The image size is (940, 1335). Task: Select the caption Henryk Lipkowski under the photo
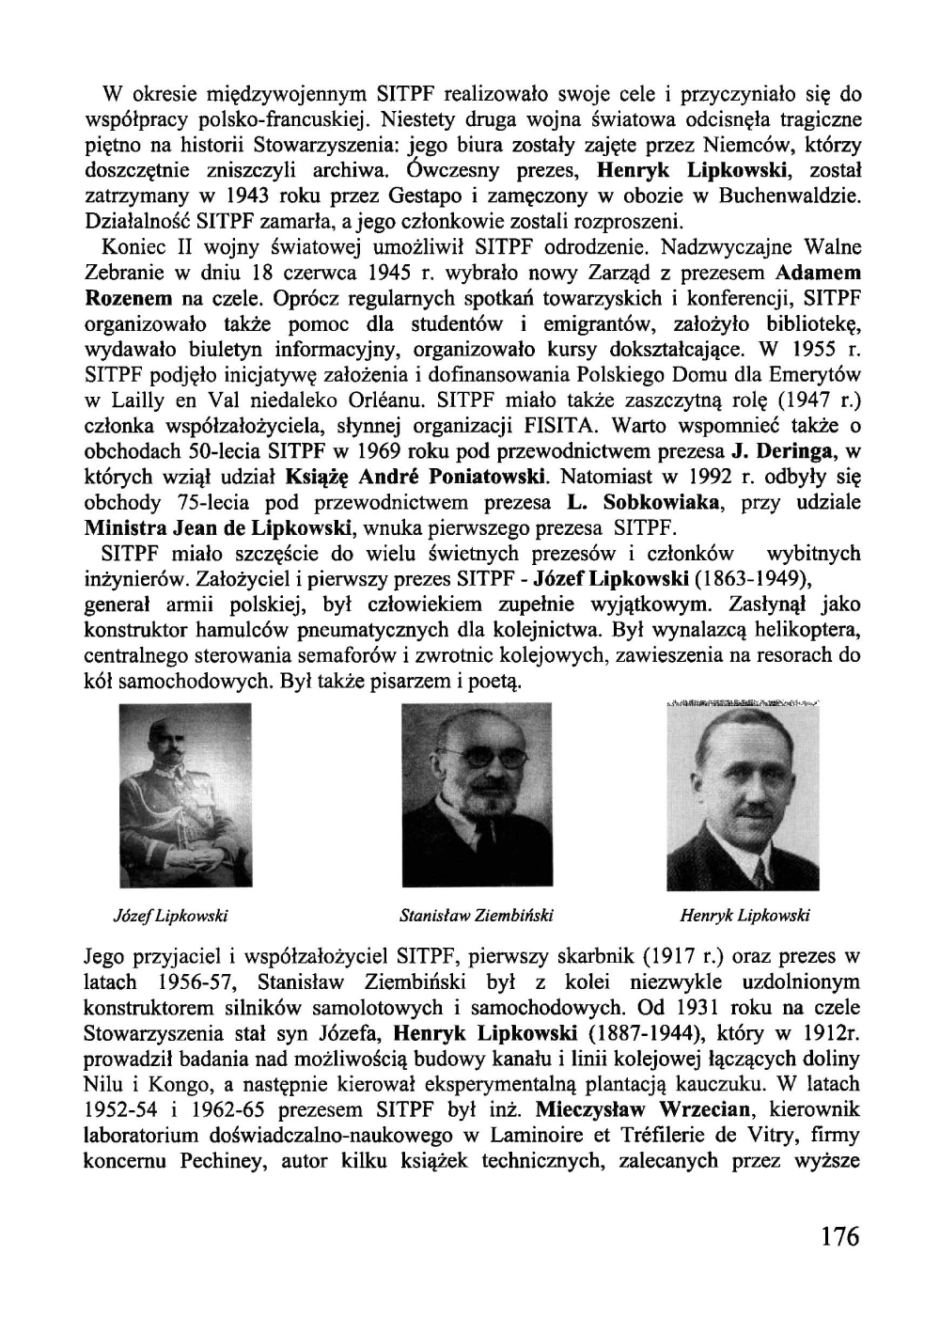(744, 915)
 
